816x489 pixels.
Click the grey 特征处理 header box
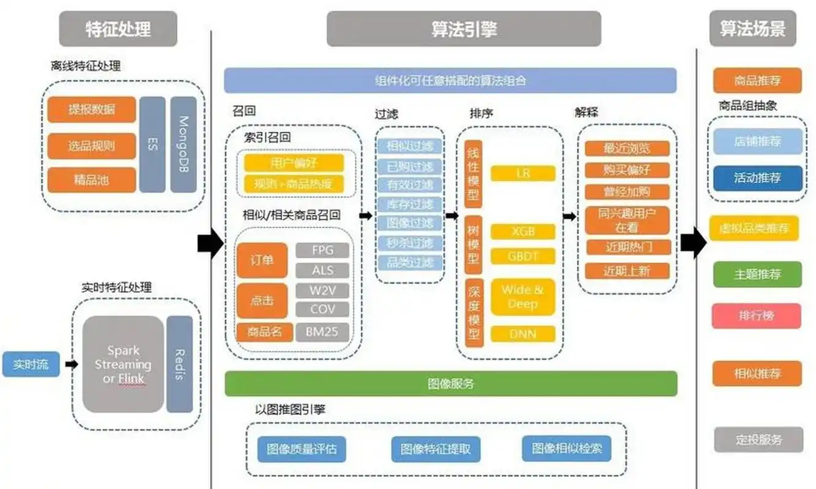tap(117, 29)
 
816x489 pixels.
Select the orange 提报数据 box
tap(91, 109)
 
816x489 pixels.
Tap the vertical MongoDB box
tap(183, 144)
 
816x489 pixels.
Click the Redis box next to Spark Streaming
tap(179, 364)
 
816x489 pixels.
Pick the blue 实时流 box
tap(31, 364)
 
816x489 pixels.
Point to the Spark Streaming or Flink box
tap(124, 364)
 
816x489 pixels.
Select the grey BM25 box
tap(322, 333)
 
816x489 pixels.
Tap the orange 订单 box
tap(262, 260)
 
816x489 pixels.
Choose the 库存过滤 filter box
tap(409, 204)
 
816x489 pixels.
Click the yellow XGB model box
tap(522, 232)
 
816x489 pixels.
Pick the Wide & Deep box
tap(522, 297)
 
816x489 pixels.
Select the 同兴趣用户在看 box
tap(627, 221)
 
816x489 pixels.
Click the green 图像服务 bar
tap(451, 384)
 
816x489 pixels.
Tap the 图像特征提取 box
tap(436, 449)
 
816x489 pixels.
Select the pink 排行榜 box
tap(757, 316)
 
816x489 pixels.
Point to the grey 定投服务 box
tap(758, 439)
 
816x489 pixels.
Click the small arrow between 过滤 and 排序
tap(452, 216)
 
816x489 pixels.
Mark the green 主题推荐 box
tap(757, 274)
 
